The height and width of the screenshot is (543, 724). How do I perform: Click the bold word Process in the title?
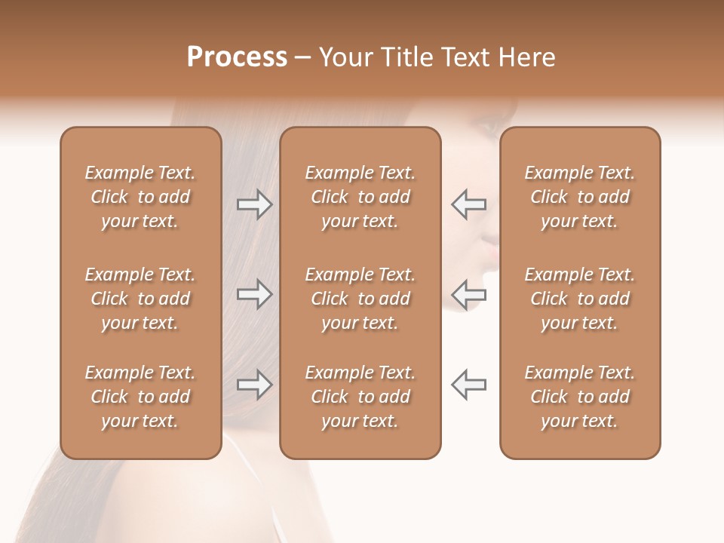pyautogui.click(x=237, y=57)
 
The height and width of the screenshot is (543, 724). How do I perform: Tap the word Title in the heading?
pyautogui.click(x=405, y=57)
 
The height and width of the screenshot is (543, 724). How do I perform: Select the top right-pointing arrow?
pyautogui.click(x=255, y=204)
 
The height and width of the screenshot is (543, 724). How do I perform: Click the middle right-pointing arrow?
pyautogui.click(x=255, y=294)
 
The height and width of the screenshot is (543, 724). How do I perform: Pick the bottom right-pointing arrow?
pyautogui.click(x=255, y=385)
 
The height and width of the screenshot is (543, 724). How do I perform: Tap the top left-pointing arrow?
pyautogui.click(x=468, y=204)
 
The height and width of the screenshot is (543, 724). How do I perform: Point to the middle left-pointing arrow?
pyautogui.click(x=468, y=294)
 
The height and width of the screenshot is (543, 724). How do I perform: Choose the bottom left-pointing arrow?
pyautogui.click(x=468, y=385)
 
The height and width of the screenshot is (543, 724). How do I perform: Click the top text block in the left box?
pyautogui.click(x=140, y=197)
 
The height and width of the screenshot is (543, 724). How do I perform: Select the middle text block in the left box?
pyautogui.click(x=140, y=299)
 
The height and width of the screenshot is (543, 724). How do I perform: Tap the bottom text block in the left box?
pyautogui.click(x=140, y=397)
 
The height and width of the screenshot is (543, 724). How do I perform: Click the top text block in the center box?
pyautogui.click(x=360, y=197)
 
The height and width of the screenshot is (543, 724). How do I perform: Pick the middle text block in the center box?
pyautogui.click(x=360, y=299)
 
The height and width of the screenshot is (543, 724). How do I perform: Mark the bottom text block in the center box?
pyautogui.click(x=360, y=397)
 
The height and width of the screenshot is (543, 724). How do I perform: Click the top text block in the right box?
pyautogui.click(x=580, y=197)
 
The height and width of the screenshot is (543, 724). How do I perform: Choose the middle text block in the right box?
pyautogui.click(x=580, y=299)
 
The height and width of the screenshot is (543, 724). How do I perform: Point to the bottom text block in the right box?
pyautogui.click(x=580, y=397)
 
